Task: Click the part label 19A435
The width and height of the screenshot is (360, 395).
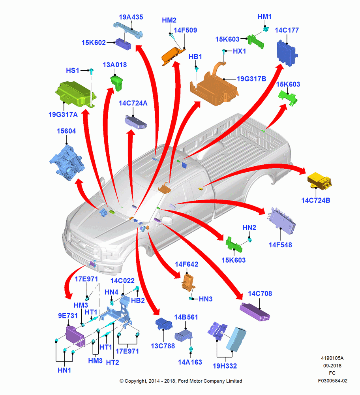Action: coord(131,17)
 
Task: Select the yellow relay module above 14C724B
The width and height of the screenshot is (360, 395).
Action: coord(319,181)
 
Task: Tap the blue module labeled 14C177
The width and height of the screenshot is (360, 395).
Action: coord(287,53)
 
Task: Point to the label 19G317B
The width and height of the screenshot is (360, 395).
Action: coord(251,79)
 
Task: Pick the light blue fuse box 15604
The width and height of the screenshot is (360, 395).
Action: coord(67,162)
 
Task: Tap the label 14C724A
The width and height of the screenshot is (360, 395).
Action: coord(133,103)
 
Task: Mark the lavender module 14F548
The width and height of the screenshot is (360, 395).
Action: coord(282,221)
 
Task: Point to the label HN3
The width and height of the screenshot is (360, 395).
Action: coord(205,299)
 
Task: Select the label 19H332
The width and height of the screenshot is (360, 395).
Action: coord(225,366)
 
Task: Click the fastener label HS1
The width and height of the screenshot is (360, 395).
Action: coord(73,71)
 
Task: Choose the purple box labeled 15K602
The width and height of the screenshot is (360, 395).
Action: coord(123,44)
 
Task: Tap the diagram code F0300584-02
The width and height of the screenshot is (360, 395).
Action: coord(332,381)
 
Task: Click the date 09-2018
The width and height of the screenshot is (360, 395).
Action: coord(332,365)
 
